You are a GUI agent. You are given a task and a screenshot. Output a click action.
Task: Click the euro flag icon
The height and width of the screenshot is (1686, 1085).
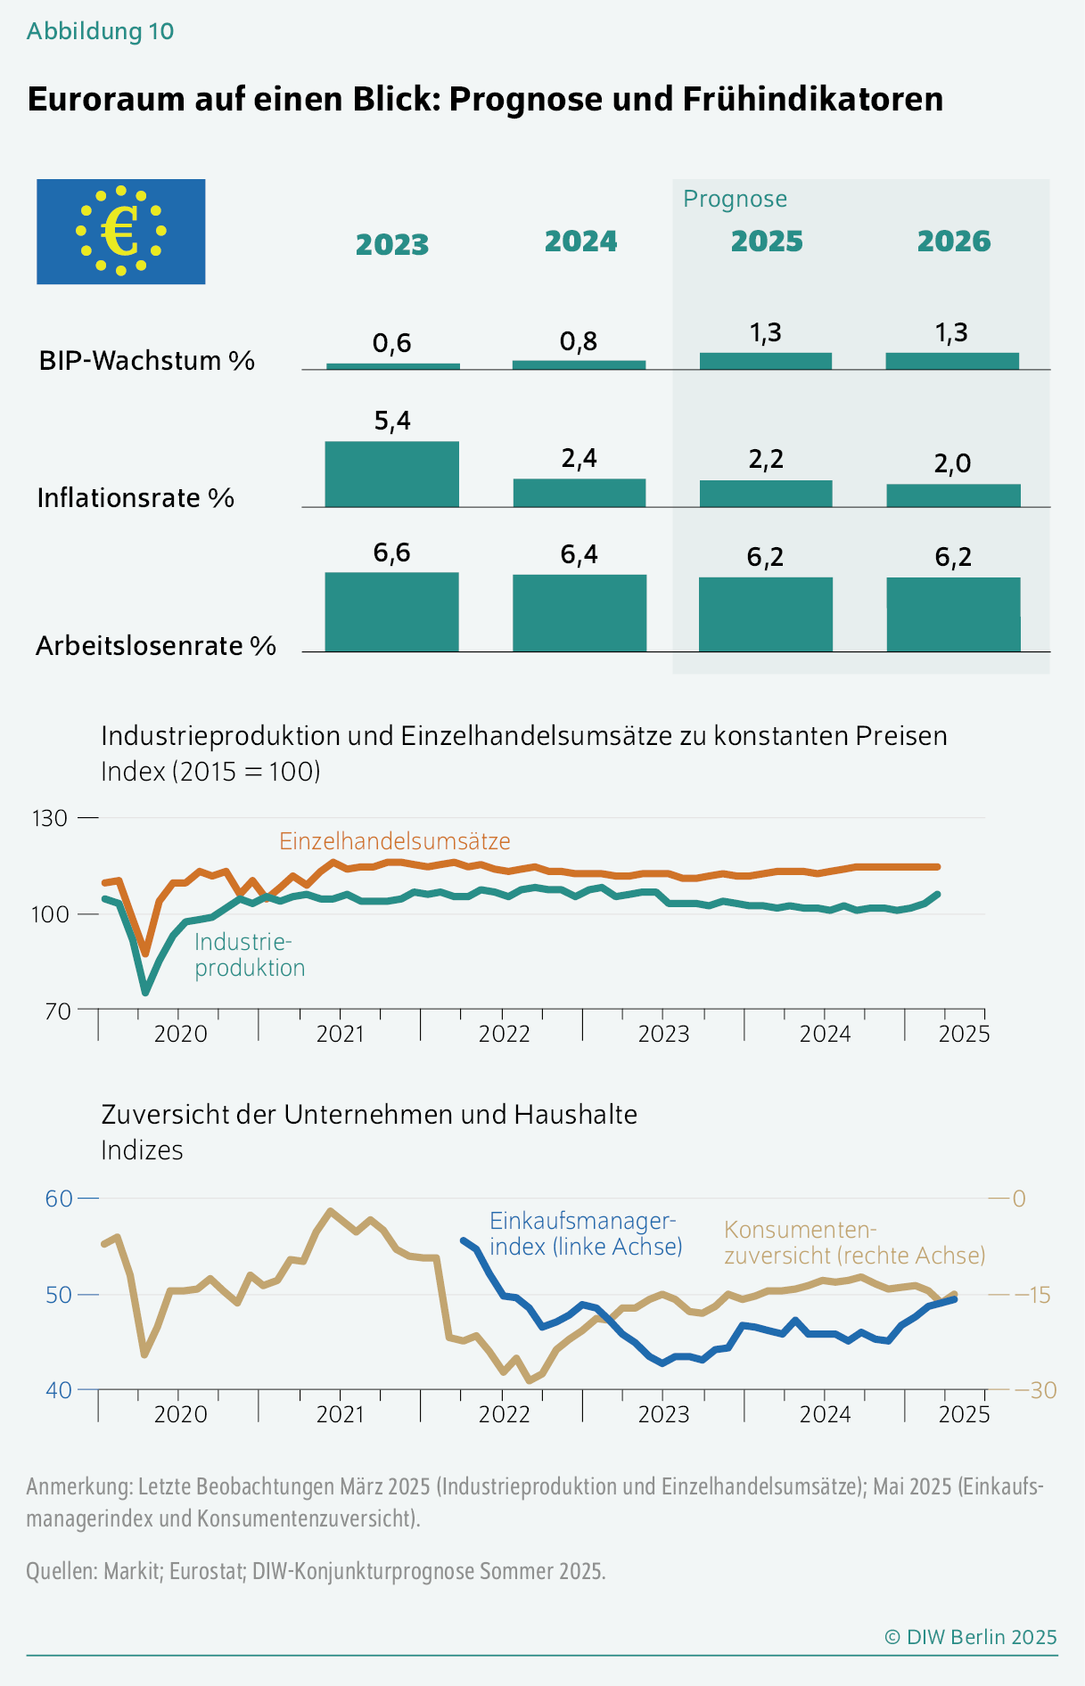(121, 232)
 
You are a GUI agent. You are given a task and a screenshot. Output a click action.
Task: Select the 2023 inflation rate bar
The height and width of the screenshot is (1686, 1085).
(392, 474)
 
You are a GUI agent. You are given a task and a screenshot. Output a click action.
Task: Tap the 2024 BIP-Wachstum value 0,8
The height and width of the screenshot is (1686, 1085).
(579, 341)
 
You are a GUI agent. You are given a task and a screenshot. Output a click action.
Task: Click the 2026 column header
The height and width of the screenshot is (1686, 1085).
(953, 241)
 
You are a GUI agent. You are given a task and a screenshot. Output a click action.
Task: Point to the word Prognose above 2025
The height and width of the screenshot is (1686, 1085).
(735, 199)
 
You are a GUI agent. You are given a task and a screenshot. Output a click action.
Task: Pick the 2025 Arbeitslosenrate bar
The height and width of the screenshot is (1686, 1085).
(766, 614)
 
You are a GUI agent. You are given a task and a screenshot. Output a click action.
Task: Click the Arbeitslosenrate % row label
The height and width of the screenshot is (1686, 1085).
(156, 646)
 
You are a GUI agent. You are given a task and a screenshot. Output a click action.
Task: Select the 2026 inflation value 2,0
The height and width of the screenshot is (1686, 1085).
(952, 463)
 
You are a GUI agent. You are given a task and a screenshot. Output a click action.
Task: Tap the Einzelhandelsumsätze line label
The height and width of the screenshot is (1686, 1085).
(395, 841)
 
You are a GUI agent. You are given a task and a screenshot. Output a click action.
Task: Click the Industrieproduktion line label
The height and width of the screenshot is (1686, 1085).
(250, 955)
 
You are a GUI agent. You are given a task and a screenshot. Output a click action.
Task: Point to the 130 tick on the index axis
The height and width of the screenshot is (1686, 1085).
(50, 818)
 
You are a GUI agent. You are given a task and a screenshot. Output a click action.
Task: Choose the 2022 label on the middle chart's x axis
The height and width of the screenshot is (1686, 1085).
(505, 1034)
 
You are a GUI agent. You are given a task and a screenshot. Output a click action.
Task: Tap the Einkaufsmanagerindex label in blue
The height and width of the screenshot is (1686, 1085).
(586, 1233)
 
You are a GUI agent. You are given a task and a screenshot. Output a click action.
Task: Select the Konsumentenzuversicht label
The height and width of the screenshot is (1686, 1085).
(854, 1242)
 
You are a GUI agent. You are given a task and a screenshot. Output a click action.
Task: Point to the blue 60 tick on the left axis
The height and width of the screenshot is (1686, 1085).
(59, 1199)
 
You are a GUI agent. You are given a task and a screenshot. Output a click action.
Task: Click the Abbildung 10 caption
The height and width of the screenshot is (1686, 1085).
(101, 31)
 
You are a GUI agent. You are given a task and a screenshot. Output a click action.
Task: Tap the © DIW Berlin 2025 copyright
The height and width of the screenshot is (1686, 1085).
(970, 1637)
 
